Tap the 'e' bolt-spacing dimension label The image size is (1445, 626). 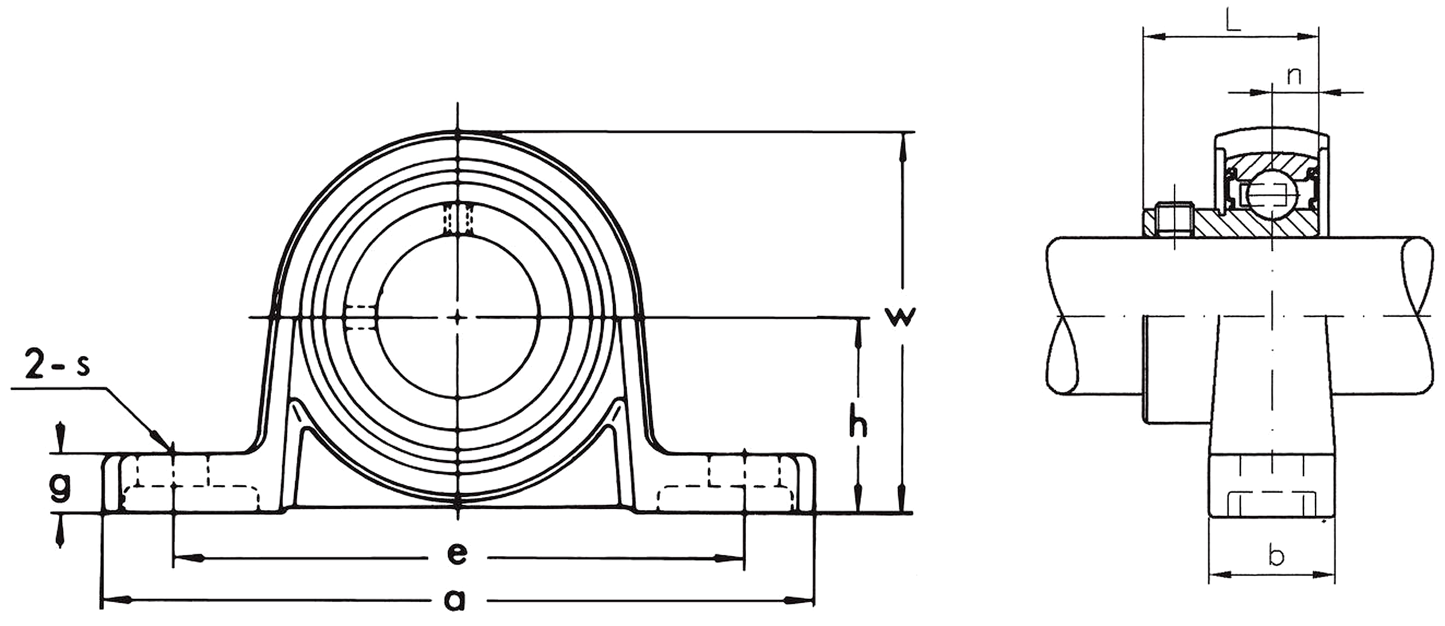[x=458, y=553]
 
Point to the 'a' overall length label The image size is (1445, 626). [x=455, y=599]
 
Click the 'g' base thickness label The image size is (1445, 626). [x=60, y=486]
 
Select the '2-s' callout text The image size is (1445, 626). [x=57, y=366]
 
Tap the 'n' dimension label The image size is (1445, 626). [x=1294, y=76]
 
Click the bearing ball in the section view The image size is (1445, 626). [x=1267, y=193]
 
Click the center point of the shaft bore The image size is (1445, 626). [x=458, y=317]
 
